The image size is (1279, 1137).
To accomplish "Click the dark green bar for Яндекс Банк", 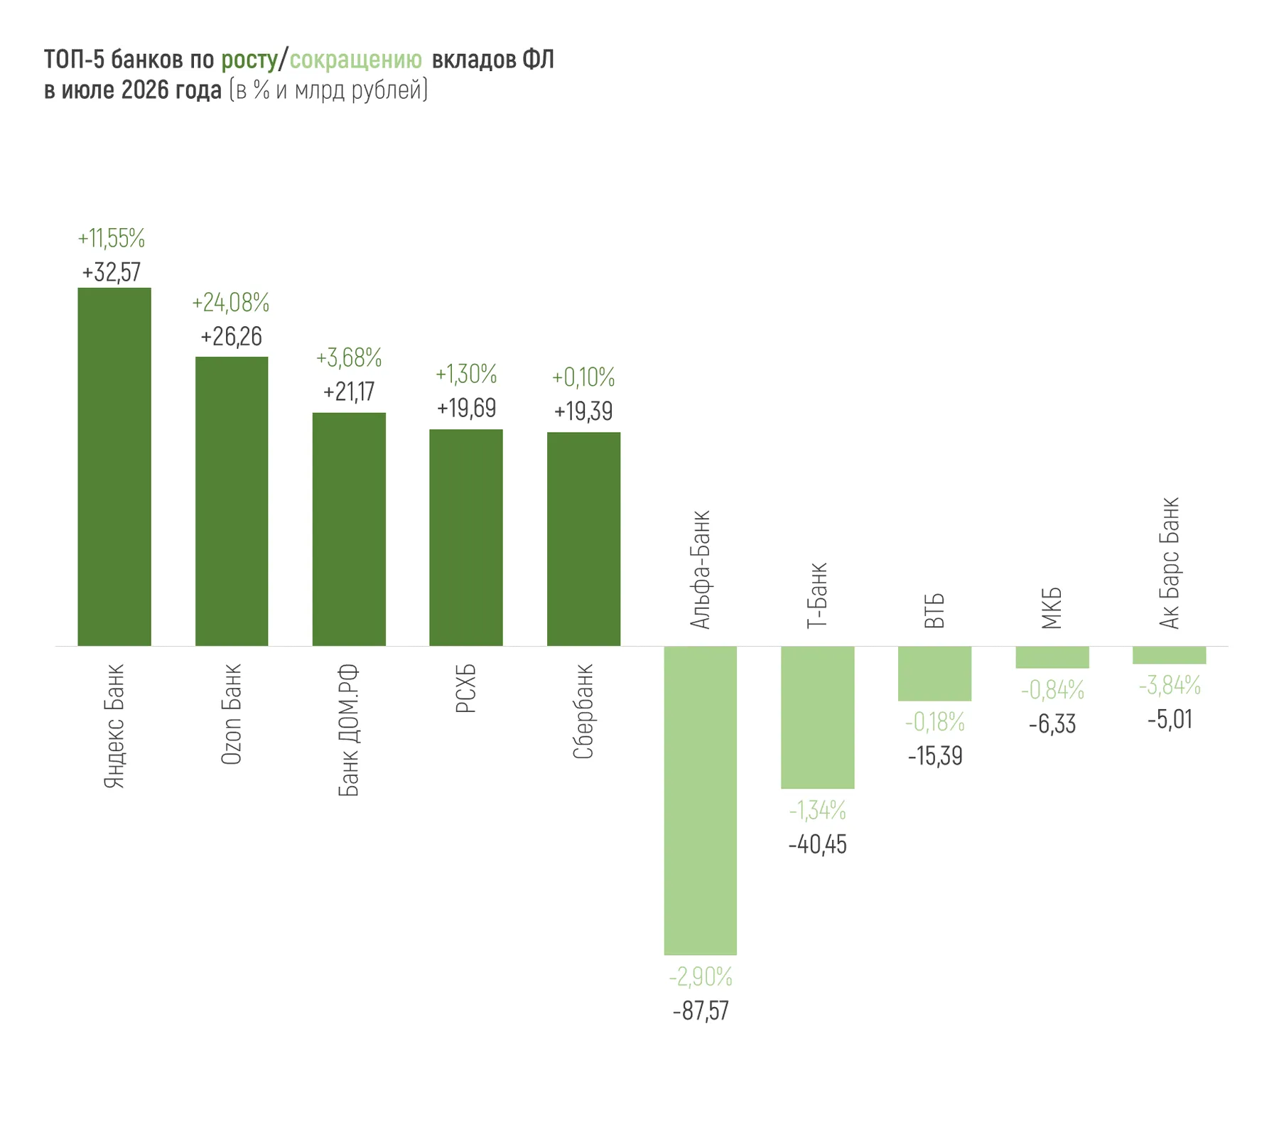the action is point(114,467).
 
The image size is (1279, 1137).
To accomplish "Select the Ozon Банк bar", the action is point(232,501).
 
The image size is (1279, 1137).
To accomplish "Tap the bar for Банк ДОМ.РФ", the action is point(349,529).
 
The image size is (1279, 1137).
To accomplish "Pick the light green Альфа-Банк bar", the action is point(701,800).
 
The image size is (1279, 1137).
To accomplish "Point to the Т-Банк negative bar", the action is point(817,717).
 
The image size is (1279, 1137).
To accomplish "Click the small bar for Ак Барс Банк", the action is point(1170,655).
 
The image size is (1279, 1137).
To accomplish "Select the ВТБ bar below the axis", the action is point(934,674).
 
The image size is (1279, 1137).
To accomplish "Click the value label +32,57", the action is point(112,272).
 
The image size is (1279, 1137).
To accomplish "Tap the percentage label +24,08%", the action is point(231,303).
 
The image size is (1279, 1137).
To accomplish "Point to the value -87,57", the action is point(701,1011).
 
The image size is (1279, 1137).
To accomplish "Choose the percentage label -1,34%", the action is point(817,809).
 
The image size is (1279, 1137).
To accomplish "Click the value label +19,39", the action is point(583,411).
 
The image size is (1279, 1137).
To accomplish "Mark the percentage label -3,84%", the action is point(1170,686).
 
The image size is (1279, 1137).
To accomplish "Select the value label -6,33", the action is point(1052,725).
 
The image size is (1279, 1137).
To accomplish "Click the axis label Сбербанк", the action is point(583,711).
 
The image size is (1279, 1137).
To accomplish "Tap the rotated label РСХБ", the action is point(466,689).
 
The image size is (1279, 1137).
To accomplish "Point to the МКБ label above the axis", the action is point(1052,608).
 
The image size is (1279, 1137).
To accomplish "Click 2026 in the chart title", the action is point(145,91).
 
